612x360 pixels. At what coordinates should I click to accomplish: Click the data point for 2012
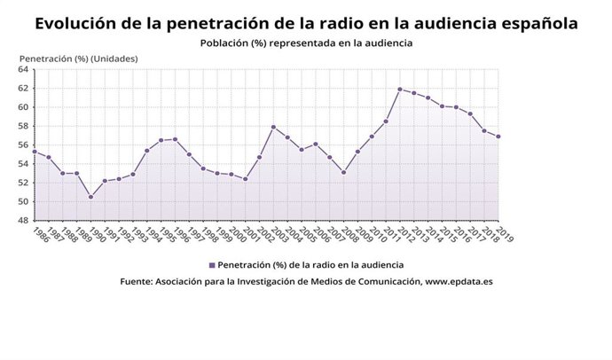pyautogui.click(x=400, y=89)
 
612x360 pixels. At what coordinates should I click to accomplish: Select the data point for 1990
pyautogui.click(x=90, y=197)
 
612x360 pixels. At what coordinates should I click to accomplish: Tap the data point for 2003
pyautogui.click(x=273, y=127)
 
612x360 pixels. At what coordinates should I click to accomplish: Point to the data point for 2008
pyautogui.click(x=343, y=172)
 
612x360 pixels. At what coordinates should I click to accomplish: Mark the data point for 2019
pyautogui.click(x=498, y=137)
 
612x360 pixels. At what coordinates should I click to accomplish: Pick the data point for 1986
pyautogui.click(x=34, y=152)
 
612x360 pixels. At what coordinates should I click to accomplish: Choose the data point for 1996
pyautogui.click(x=175, y=139)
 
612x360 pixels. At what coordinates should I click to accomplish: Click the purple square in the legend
pyautogui.click(x=211, y=264)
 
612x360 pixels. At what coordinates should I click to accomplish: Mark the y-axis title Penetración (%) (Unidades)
pyautogui.click(x=78, y=59)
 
